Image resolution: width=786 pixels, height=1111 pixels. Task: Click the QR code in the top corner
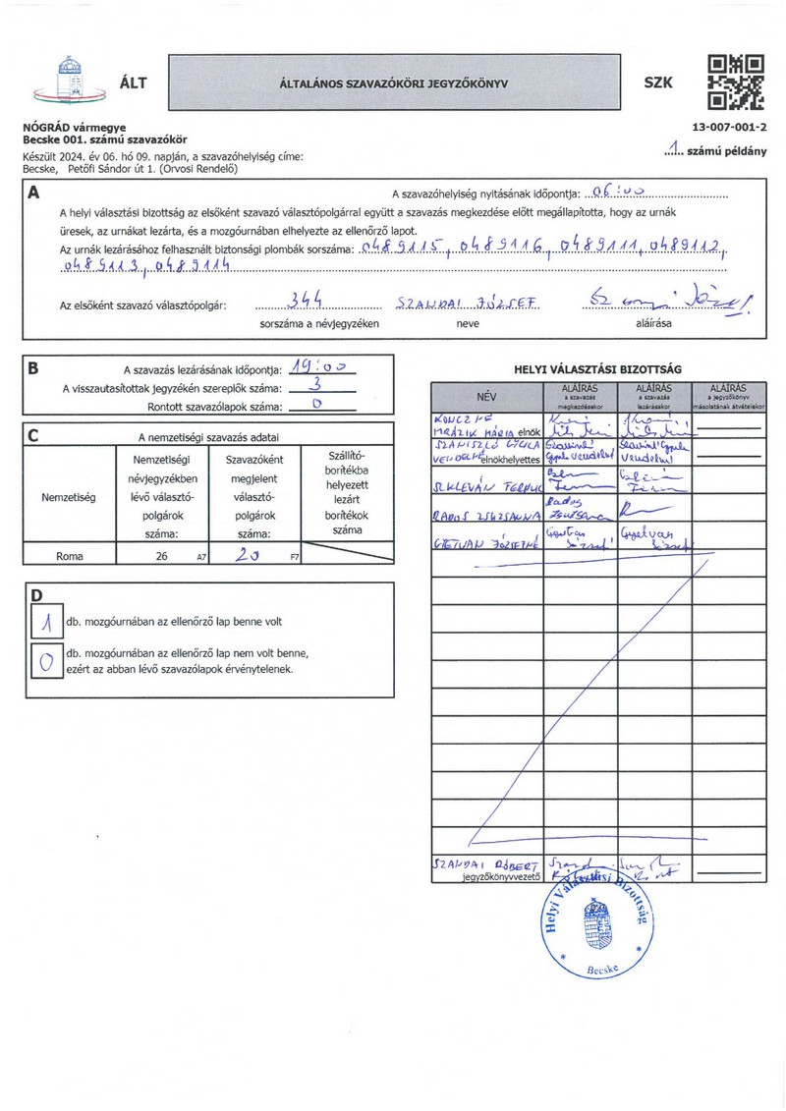[735, 81]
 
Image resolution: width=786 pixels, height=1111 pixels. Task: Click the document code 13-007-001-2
[729, 128]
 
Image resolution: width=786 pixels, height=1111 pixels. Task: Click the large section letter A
[34, 194]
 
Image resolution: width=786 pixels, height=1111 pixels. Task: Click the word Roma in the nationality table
[69, 556]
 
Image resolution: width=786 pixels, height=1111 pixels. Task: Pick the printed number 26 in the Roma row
[161, 556]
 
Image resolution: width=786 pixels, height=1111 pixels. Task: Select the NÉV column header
[487, 397]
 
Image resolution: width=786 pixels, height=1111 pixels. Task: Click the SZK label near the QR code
[658, 83]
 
